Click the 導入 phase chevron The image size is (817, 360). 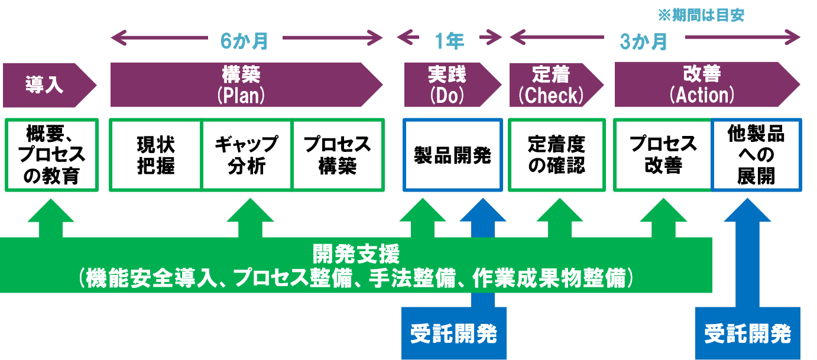[45, 85]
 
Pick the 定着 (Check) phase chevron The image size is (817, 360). [551, 85]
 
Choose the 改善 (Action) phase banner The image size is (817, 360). [702, 85]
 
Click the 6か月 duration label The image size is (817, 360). [245, 41]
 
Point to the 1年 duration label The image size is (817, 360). [449, 41]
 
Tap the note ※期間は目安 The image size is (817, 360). [701, 15]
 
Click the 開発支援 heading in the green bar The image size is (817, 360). [356, 255]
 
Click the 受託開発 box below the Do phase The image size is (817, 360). [453, 334]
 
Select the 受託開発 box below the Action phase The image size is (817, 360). [748, 334]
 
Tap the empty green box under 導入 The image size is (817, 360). [51, 155]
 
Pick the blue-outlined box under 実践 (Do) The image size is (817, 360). [453, 155]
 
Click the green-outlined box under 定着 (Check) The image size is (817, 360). [557, 155]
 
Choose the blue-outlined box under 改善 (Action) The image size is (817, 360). [757, 155]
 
